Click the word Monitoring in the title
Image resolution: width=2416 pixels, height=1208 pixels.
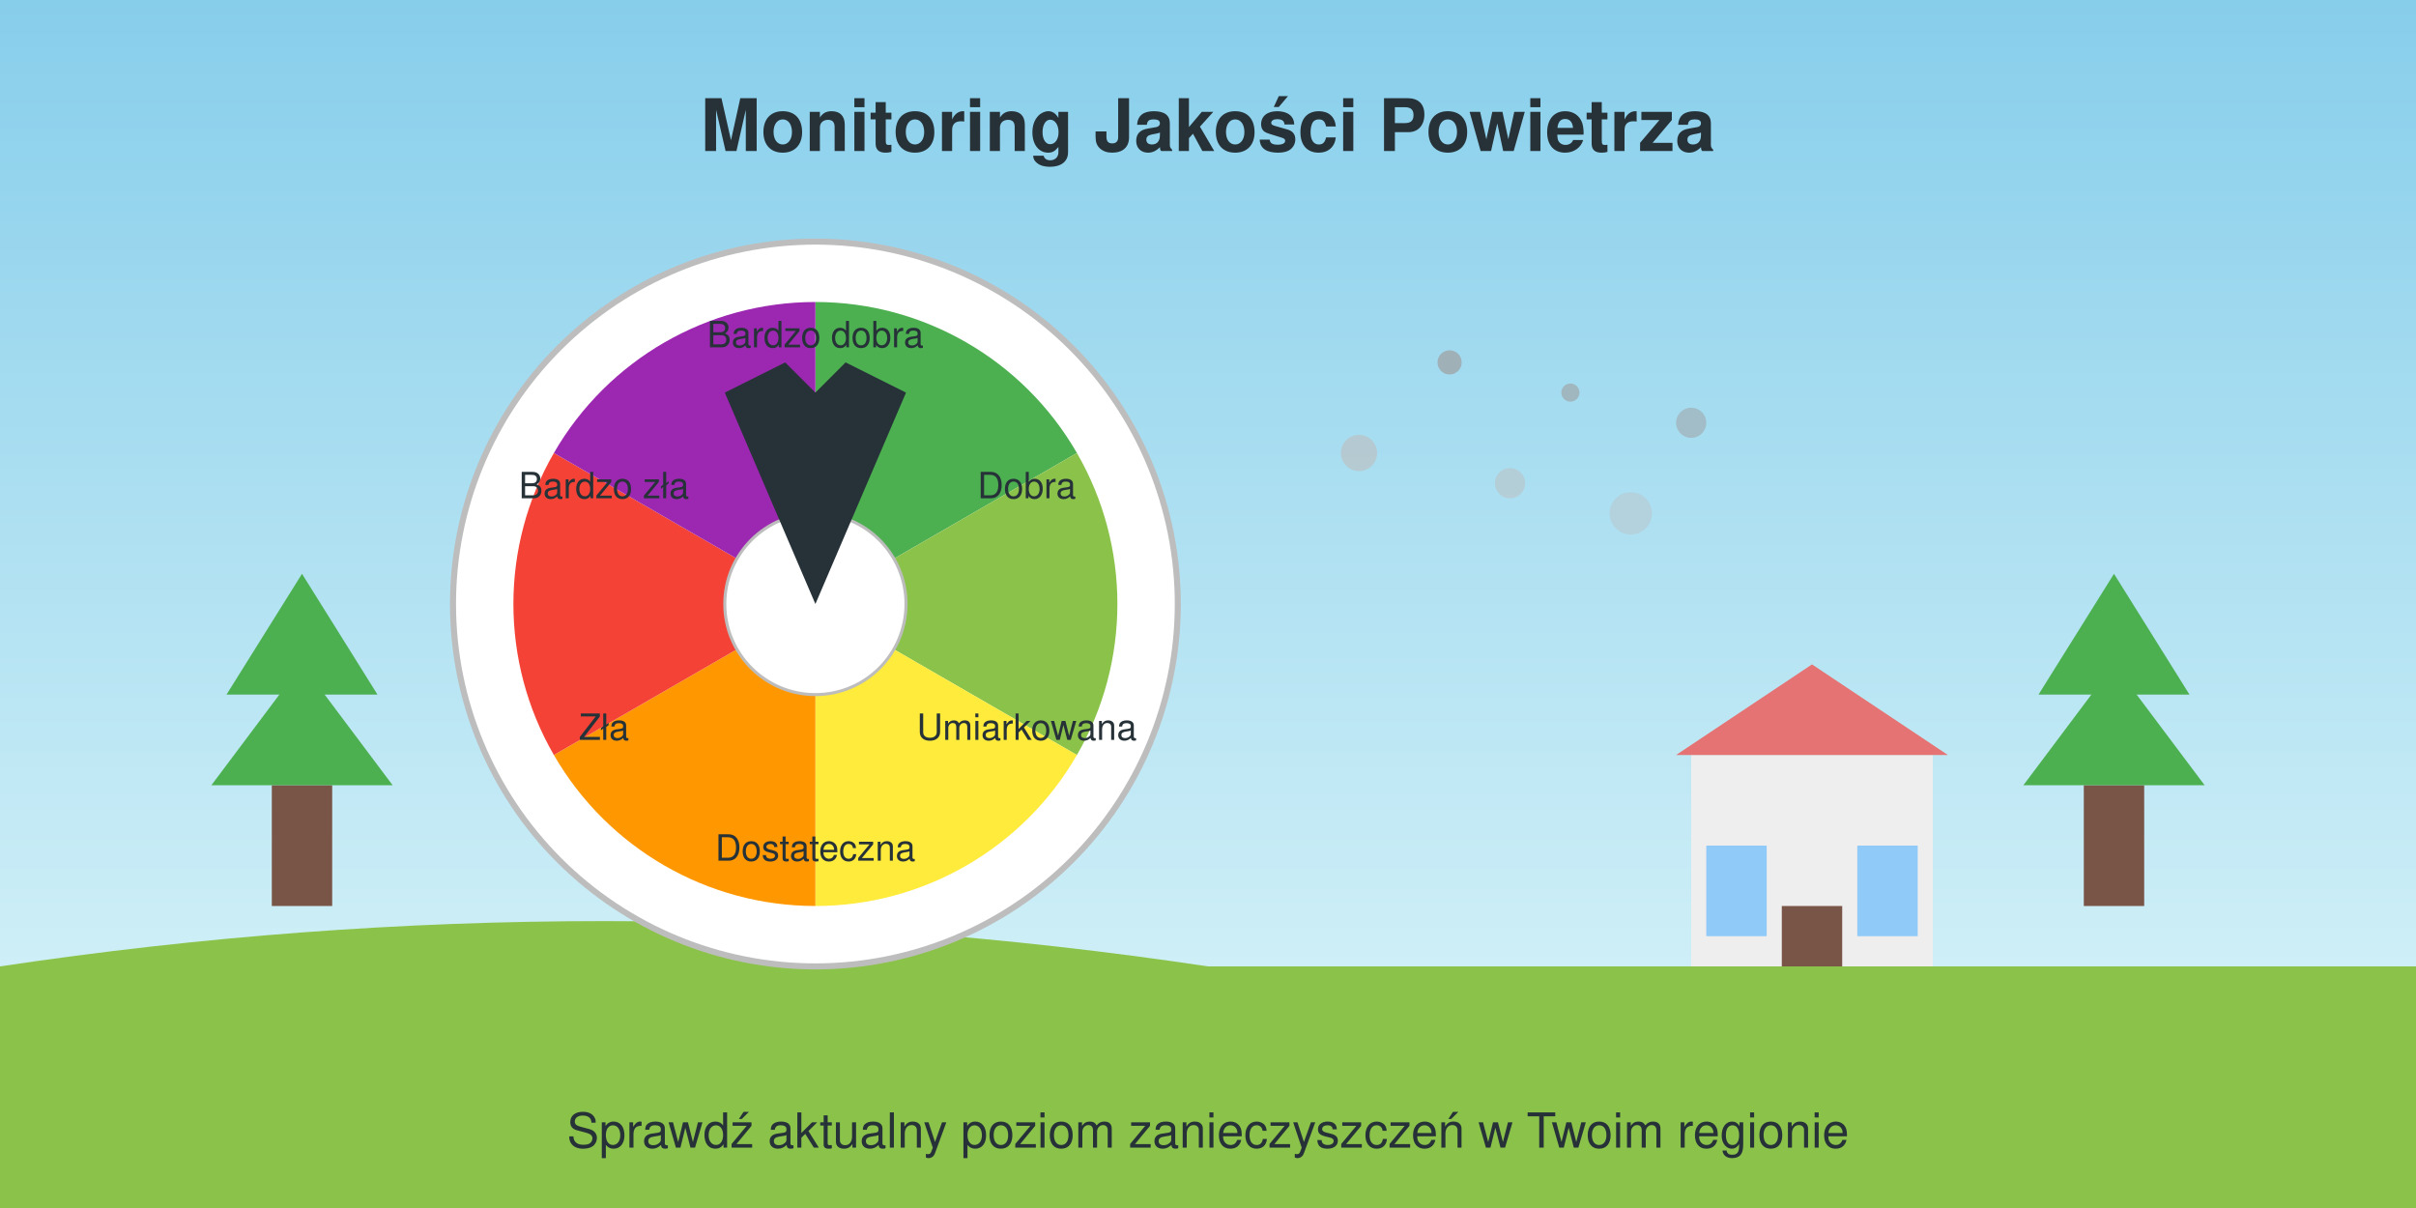(885, 128)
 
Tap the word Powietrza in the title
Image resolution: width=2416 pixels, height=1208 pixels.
(1546, 126)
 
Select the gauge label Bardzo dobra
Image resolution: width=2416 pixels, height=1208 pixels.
(815, 335)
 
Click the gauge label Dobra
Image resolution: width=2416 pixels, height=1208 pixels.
(1026, 486)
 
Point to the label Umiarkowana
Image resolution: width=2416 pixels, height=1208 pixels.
(1026, 728)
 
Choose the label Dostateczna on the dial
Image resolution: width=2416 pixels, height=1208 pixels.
(815, 848)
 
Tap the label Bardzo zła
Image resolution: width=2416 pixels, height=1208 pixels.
(604, 486)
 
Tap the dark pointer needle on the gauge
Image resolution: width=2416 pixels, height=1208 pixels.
(815, 464)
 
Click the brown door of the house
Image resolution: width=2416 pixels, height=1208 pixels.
(1812, 936)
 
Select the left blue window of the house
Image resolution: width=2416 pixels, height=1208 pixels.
(1737, 891)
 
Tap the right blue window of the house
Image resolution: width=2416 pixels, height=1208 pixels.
(1887, 891)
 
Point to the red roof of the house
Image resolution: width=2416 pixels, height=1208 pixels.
(1812, 720)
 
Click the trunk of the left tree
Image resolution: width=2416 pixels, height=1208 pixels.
(302, 846)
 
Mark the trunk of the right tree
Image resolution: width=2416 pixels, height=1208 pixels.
(2114, 846)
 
